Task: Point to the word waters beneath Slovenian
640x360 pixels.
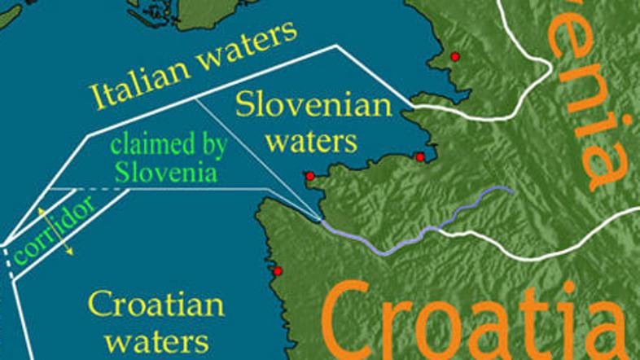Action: click(312, 141)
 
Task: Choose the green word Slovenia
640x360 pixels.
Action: click(166, 172)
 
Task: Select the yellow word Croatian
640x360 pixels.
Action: click(156, 305)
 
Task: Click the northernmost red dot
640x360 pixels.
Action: click(455, 56)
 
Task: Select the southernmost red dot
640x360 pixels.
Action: click(278, 271)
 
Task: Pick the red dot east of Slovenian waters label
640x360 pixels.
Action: click(420, 156)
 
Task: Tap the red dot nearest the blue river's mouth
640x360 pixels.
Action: click(309, 176)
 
